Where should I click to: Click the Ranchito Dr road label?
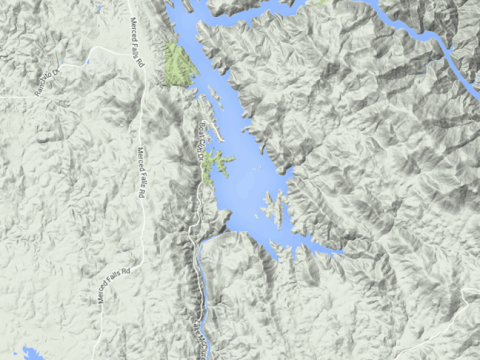click(x=47, y=81)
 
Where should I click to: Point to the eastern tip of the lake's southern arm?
click(x=341, y=252)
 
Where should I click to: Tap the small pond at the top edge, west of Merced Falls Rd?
click(x=99, y=7)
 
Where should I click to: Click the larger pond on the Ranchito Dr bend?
click(x=87, y=62)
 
